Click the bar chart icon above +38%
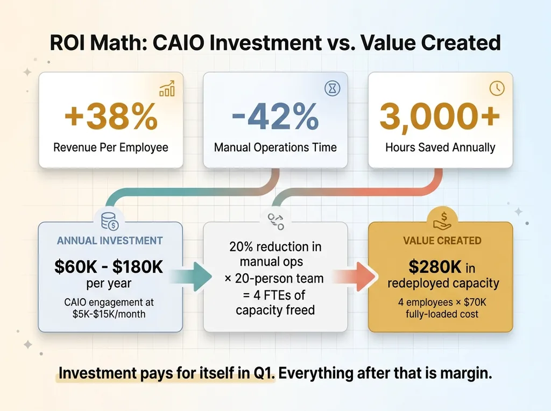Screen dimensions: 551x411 [167, 89]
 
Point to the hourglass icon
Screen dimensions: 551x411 [333, 88]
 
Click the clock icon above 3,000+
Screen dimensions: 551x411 [497, 88]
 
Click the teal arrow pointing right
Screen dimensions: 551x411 [192, 277]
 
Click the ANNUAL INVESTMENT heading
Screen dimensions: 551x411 [110, 240]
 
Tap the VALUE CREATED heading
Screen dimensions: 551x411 [442, 240]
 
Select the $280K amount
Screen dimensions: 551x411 [435, 267]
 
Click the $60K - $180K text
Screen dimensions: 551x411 [109, 267]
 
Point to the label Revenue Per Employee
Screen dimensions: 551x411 [111, 147]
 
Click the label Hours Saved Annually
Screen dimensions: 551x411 [440, 147]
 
